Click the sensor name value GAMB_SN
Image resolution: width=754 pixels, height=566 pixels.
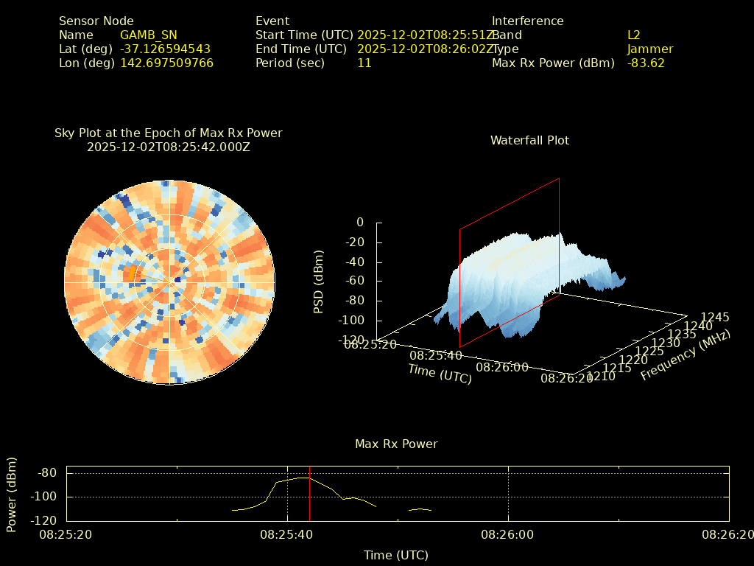pyautogui.click(x=149, y=35)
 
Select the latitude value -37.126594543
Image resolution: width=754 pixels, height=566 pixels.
pyautogui.click(x=166, y=49)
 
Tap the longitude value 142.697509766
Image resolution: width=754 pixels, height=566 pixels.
pyautogui.click(x=167, y=63)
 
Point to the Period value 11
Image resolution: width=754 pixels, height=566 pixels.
pyautogui.click(x=364, y=63)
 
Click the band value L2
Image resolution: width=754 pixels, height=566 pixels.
pyautogui.click(x=634, y=35)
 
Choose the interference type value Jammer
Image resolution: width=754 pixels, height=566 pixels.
pyautogui.click(x=650, y=49)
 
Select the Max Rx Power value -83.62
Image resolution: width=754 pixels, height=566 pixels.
pyautogui.click(x=646, y=63)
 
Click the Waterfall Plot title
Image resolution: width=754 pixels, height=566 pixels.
pyautogui.click(x=529, y=140)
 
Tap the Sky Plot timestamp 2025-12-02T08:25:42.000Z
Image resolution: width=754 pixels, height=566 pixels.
pyautogui.click(x=169, y=147)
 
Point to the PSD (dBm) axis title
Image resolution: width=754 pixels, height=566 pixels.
pyautogui.click(x=319, y=282)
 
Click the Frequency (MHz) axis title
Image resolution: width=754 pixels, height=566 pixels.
pyautogui.click(x=686, y=355)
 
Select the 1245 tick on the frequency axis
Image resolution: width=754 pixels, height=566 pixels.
pyautogui.click(x=715, y=317)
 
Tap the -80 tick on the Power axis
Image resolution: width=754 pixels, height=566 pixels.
pyautogui.click(x=48, y=472)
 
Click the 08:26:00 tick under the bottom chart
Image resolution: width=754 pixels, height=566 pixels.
pyautogui.click(x=508, y=532)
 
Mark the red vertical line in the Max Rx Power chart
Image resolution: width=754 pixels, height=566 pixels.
pyautogui.click(x=309, y=494)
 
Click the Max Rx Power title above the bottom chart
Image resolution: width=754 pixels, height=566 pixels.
pyautogui.click(x=396, y=444)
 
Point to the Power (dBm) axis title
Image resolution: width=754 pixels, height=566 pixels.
pyautogui.click(x=12, y=494)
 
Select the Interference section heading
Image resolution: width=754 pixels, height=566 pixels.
pyautogui.click(x=528, y=21)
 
